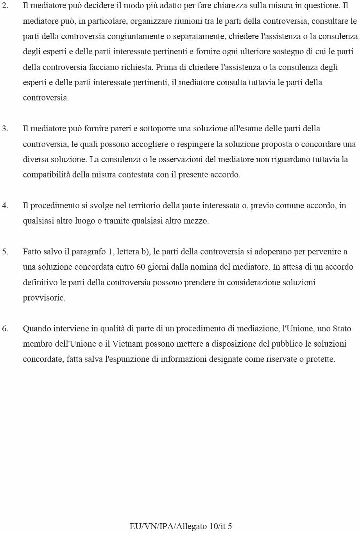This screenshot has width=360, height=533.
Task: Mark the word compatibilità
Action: [x=47, y=175]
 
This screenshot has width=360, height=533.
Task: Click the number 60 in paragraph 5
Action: [x=141, y=267]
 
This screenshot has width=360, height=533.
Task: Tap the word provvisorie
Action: [x=44, y=298]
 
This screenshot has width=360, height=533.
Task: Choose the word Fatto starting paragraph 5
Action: [x=32, y=252]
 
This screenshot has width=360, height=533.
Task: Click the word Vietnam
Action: [x=127, y=344]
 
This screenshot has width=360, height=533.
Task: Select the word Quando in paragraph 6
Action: [x=37, y=329]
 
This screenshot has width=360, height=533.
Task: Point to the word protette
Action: [x=321, y=359]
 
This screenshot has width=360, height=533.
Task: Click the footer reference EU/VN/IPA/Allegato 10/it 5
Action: [x=181, y=526]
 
